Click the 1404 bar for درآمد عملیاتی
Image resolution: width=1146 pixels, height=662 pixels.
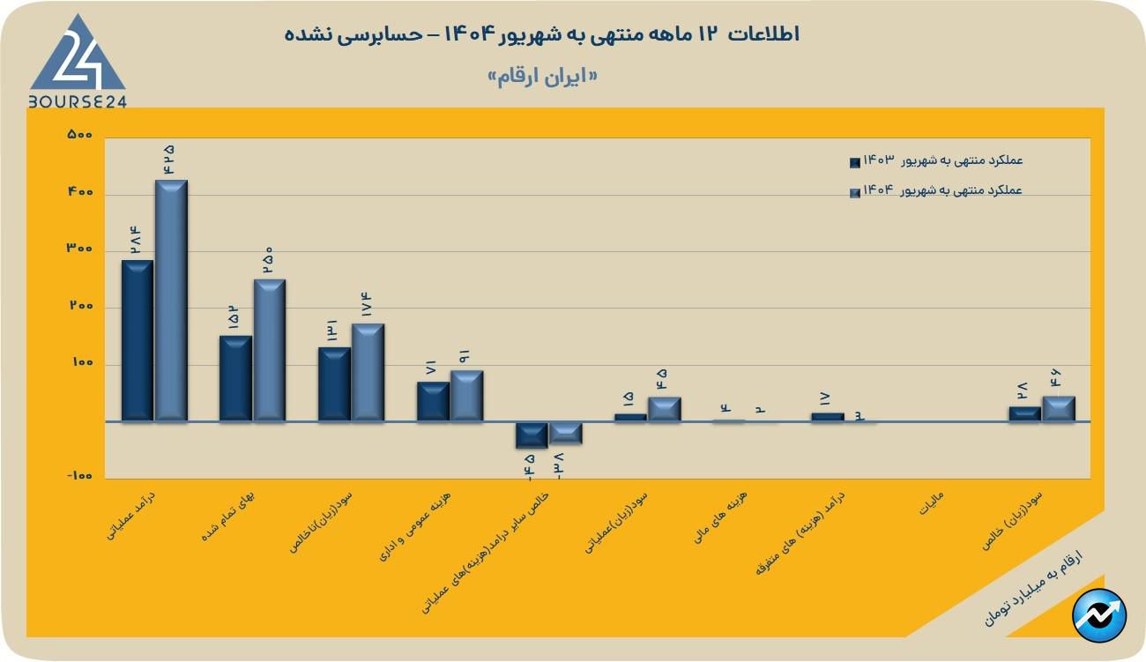[x=171, y=300]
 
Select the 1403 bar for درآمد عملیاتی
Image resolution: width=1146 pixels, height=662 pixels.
[x=138, y=340]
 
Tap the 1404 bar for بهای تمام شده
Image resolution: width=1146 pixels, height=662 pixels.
[x=270, y=350]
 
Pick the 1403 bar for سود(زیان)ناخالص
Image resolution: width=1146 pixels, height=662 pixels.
[x=334, y=383]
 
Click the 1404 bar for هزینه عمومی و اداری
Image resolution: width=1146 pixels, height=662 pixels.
[x=466, y=395]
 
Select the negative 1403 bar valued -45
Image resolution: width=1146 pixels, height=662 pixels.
[x=532, y=435]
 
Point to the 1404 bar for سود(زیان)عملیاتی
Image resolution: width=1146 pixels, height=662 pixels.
[x=664, y=409]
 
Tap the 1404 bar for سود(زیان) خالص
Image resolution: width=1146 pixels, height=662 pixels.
[x=1059, y=409]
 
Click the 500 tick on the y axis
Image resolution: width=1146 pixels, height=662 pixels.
[x=80, y=135]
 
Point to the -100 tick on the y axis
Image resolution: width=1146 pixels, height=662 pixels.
[x=78, y=477]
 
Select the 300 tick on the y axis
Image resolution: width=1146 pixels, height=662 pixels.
[x=80, y=249]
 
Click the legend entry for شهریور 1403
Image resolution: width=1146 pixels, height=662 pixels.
[x=935, y=161]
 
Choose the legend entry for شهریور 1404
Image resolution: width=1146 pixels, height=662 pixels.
[x=935, y=191]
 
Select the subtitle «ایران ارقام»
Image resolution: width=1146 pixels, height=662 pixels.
[x=542, y=76]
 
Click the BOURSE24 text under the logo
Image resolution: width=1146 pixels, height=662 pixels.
[x=78, y=101]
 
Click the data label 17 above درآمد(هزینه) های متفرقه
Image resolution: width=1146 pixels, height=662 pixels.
[x=826, y=398]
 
